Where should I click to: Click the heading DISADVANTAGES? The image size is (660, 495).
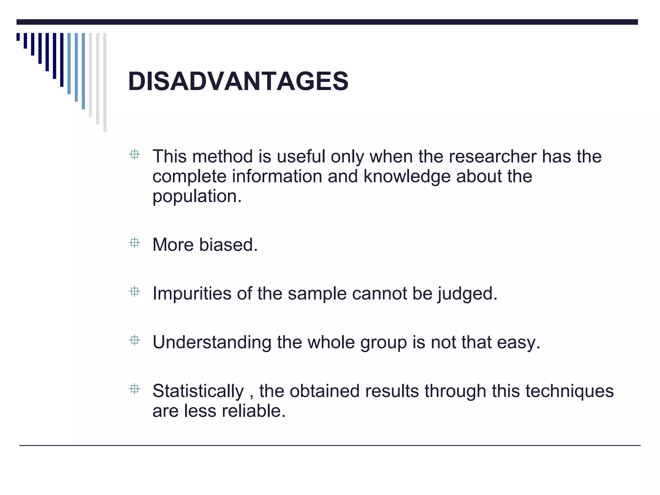[238, 81]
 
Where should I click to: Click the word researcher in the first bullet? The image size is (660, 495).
[492, 157]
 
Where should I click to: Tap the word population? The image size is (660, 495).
[196, 197]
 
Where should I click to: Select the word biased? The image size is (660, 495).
[228, 245]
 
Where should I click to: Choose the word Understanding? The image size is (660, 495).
[212, 342]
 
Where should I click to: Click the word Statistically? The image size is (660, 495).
[198, 391]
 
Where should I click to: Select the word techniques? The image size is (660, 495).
[569, 391]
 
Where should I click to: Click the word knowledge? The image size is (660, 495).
[407, 177]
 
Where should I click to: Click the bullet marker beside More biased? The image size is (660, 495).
[134, 243]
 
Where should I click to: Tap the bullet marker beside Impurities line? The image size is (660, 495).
[134, 291]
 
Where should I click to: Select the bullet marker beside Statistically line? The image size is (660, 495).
[134, 389]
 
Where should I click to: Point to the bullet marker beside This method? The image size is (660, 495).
[134, 154]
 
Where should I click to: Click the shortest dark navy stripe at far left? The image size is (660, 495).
[18, 37]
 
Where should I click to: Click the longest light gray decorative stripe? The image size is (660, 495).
[105, 82]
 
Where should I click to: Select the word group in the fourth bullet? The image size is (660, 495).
[383, 342]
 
